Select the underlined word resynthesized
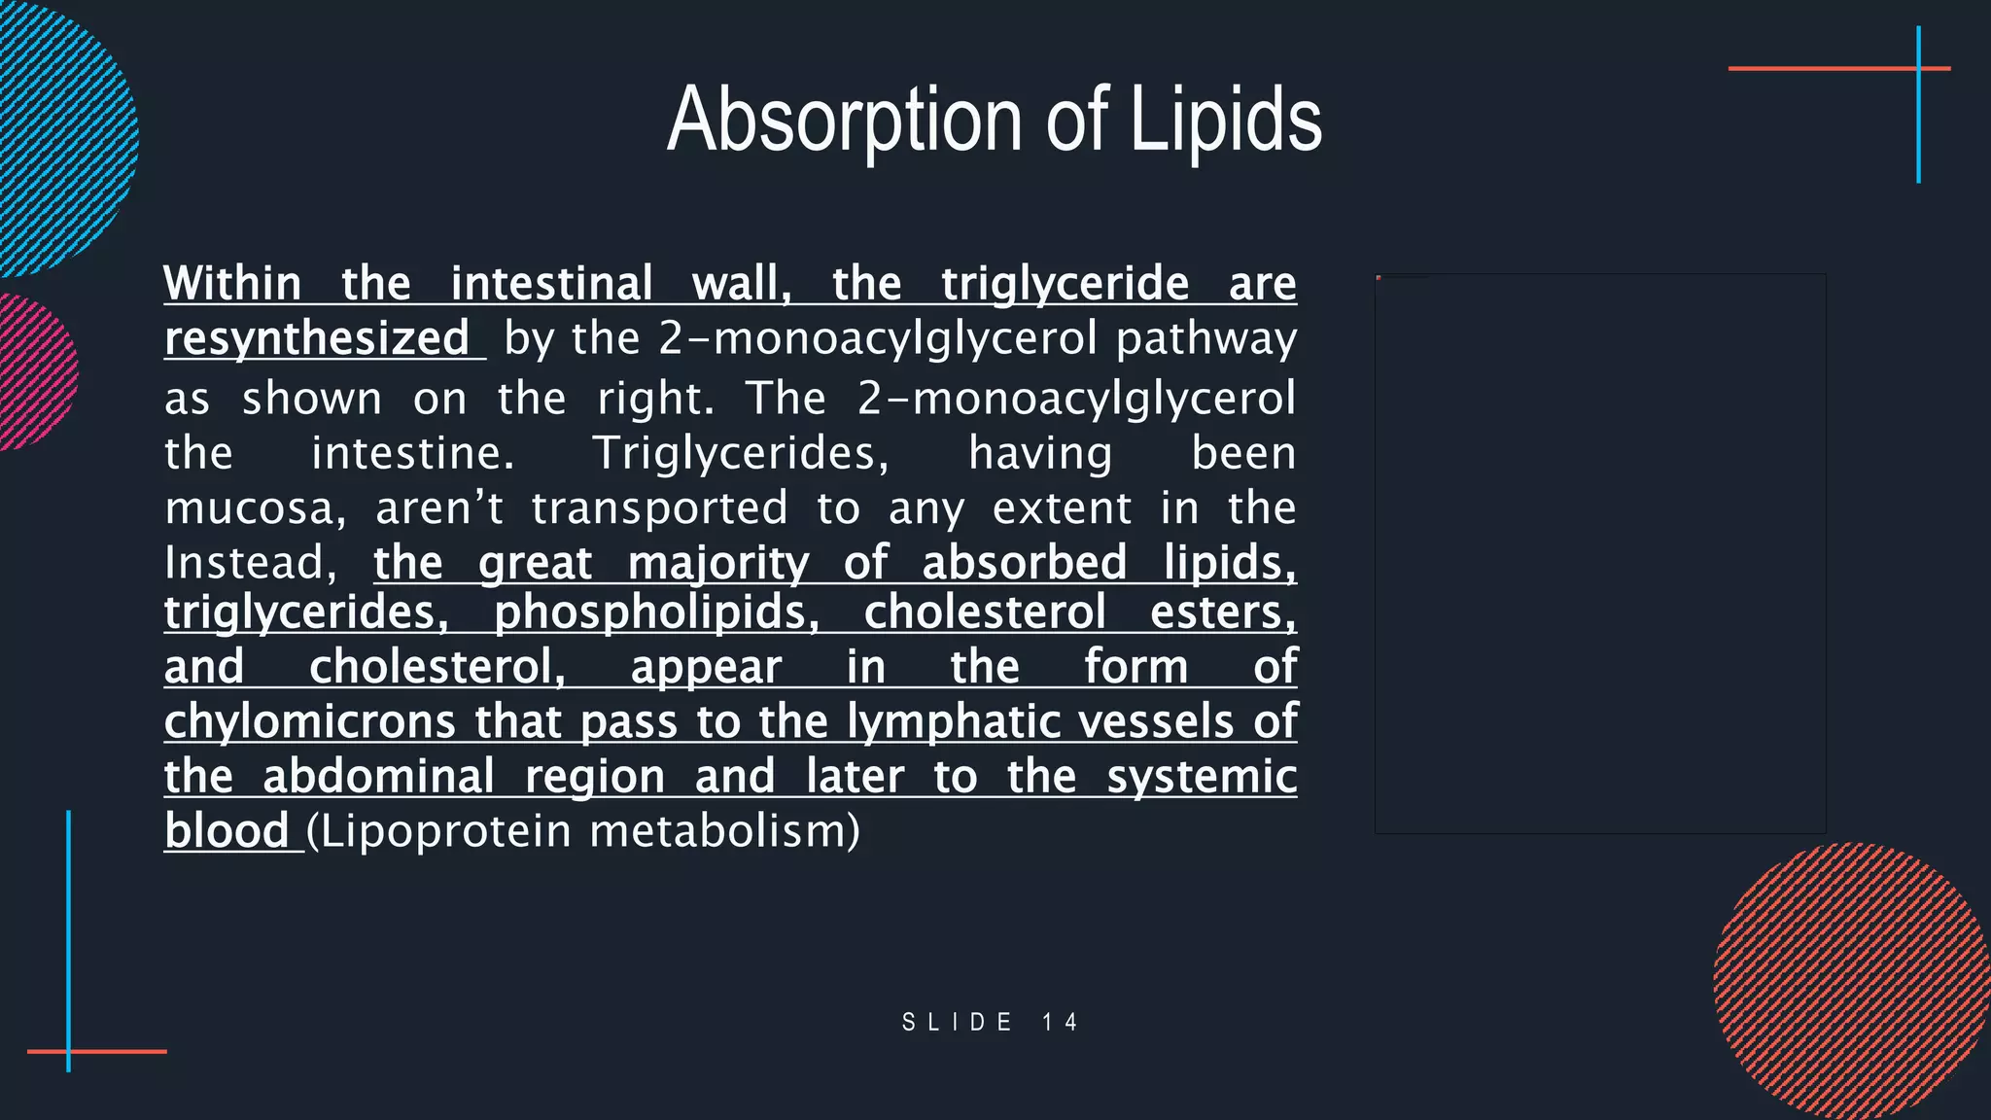(317, 338)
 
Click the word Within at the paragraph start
(232, 284)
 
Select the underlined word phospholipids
(656, 612)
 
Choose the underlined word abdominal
(379, 777)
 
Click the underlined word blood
(227, 831)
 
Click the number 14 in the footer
(1060, 1022)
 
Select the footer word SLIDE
(958, 1022)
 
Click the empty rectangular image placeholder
(1600, 553)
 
